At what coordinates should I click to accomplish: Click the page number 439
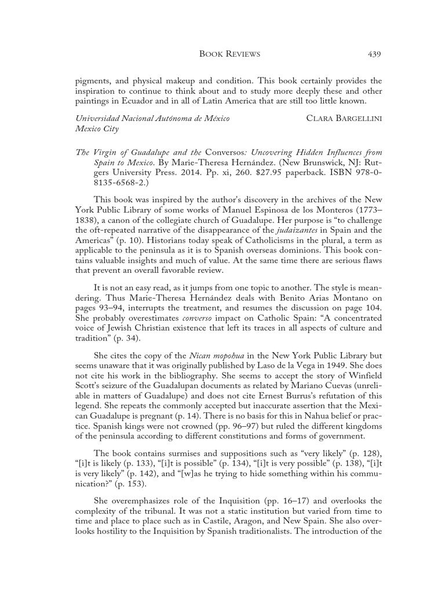[373, 54]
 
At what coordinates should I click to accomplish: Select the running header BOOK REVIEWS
[229, 54]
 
